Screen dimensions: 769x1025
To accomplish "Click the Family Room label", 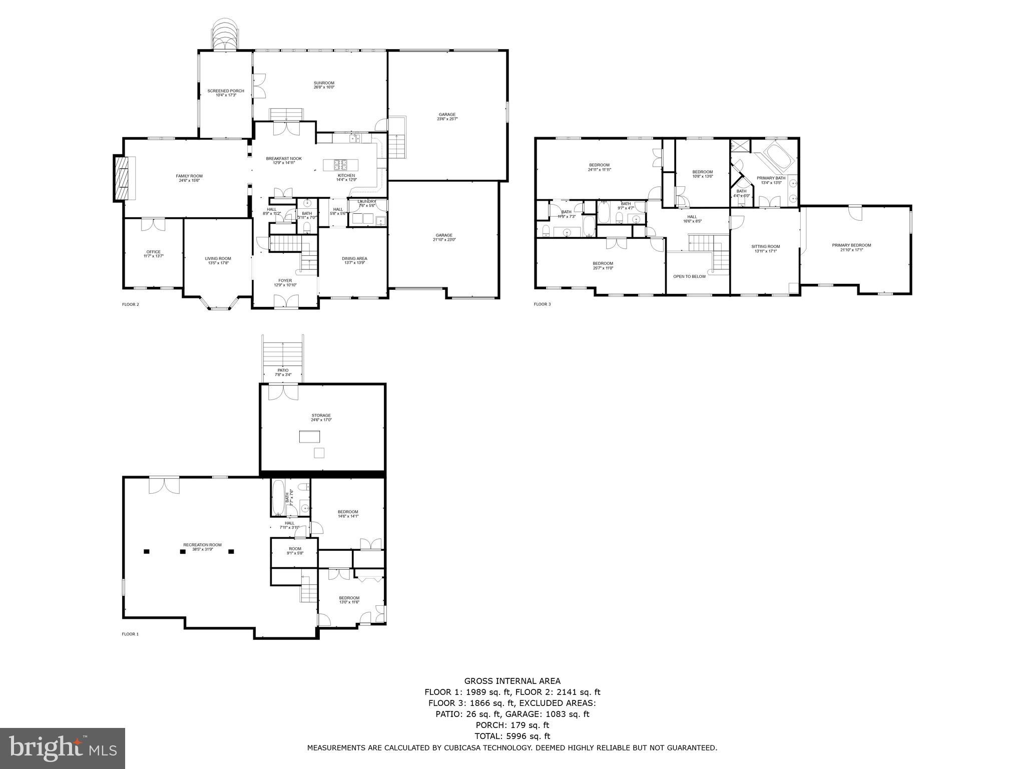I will [189, 178].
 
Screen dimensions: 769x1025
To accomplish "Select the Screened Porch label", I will [226, 93].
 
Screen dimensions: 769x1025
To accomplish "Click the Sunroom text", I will [324, 85].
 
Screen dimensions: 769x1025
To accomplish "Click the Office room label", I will [153, 254].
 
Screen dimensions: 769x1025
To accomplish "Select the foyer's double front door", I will [285, 301].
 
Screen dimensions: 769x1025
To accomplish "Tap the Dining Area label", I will [354, 260].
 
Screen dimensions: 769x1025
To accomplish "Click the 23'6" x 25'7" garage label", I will [447, 117].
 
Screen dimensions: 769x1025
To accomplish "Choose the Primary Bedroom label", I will [851, 247].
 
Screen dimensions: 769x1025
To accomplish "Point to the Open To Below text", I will [689, 276].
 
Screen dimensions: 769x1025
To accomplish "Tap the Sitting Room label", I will [765, 248].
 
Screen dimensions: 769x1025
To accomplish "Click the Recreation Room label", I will [202, 547].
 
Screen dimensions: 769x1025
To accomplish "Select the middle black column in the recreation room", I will [183, 552].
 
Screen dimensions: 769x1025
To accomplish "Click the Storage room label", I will [321, 417].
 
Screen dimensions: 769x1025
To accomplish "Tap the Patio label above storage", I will [282, 372].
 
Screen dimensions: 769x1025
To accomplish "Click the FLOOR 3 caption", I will [542, 304].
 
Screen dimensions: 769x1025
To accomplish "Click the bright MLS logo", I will [63, 748].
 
